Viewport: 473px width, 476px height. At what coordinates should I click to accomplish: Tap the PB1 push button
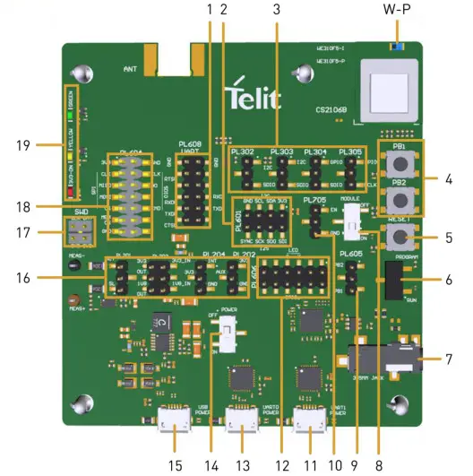pos(399,167)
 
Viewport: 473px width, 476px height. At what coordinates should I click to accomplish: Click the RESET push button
pos(400,237)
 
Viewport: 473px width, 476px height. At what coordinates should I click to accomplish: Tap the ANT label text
pos(130,67)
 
